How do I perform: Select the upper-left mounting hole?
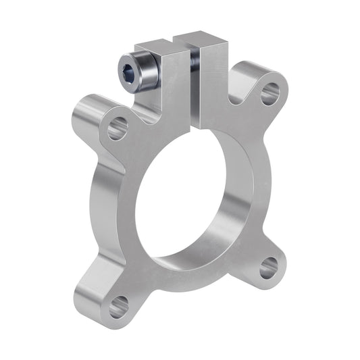point(116,127)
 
